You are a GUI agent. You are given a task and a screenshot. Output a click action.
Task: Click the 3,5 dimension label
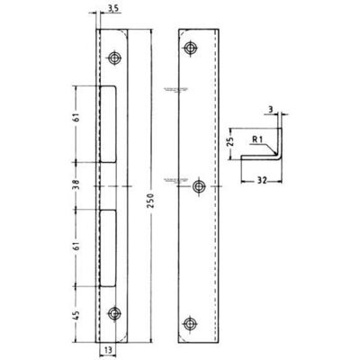click(113, 8)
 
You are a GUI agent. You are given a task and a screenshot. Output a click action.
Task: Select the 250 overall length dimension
click(150, 201)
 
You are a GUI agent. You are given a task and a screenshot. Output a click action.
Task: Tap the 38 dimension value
click(76, 184)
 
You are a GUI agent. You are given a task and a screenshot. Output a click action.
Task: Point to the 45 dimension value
click(76, 314)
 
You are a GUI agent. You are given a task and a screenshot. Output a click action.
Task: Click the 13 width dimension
click(108, 349)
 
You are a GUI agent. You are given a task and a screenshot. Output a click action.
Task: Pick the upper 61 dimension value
click(76, 117)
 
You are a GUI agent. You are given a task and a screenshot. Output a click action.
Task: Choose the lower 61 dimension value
click(76, 246)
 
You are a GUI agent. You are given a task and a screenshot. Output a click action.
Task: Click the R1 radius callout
click(257, 139)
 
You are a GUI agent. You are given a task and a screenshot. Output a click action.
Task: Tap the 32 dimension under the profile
click(262, 181)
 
